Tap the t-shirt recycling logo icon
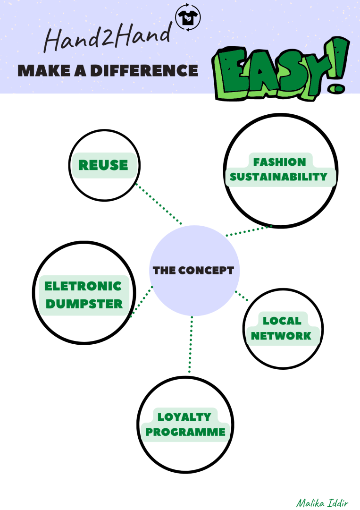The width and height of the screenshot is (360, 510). [x=188, y=18]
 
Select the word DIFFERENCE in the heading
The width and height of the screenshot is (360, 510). [x=143, y=70]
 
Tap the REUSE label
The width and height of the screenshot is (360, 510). [x=103, y=165]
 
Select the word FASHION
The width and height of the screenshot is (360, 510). [x=279, y=162]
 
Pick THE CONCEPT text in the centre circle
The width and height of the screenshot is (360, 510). [x=193, y=271]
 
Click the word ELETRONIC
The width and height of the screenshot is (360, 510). [x=83, y=286]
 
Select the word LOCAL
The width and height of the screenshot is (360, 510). [x=282, y=321]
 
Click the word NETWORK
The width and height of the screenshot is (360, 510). [x=281, y=336]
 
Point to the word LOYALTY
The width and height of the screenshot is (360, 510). [x=184, y=417]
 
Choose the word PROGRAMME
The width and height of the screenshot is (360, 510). [x=185, y=432]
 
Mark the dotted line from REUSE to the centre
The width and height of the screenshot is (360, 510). [x=159, y=204]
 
